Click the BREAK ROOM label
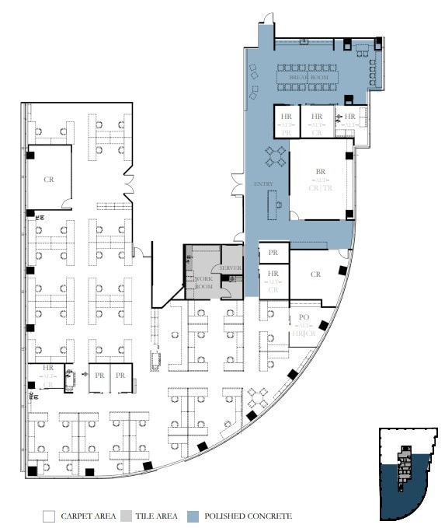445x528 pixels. [x=309, y=79]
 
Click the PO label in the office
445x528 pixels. [x=304, y=318]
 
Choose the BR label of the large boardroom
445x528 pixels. [x=320, y=171]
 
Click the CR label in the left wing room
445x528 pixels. [x=49, y=179]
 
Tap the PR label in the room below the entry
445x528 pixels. [x=273, y=254]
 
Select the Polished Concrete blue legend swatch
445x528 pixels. [x=194, y=516]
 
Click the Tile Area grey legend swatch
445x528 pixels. [x=126, y=516]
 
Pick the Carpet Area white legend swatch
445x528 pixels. [x=48, y=516]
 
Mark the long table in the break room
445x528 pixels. [x=309, y=78]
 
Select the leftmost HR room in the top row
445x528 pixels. [x=286, y=122]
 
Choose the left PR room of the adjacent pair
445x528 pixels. [x=99, y=376]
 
